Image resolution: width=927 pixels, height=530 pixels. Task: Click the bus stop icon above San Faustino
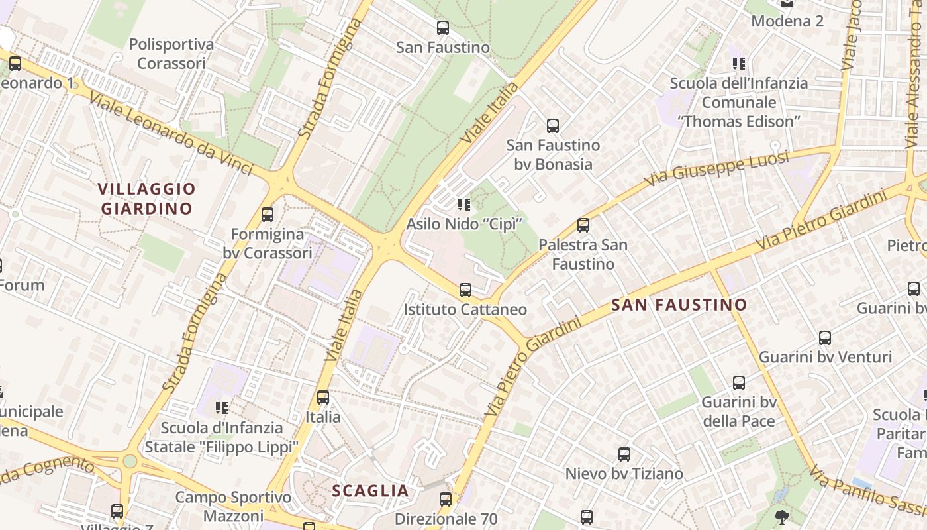pos(443,28)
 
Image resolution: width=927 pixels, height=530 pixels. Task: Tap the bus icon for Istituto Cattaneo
pos(465,290)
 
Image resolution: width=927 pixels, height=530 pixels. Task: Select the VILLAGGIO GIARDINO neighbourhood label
pos(147,199)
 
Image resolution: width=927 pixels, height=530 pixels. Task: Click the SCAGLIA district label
pos(370,491)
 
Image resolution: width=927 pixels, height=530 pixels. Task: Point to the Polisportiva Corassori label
pos(171,54)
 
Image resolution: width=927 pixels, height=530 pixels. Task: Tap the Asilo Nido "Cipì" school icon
pos(463,204)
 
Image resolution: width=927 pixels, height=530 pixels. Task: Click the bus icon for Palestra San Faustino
pos(583,225)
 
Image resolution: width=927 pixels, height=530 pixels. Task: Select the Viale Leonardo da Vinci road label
pos(170,133)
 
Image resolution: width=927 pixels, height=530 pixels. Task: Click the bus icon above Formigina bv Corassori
pos(268,215)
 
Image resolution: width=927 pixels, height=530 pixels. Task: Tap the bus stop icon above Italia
pos(323,397)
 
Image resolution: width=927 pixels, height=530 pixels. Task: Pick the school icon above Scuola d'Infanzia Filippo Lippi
pos(221,407)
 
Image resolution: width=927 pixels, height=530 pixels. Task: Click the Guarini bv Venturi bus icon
pos(825,338)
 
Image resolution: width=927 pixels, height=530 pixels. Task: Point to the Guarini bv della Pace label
pos(738,411)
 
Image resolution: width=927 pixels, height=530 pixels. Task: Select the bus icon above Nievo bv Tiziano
pos(624,454)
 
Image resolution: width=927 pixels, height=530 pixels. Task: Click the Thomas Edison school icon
pos(739,64)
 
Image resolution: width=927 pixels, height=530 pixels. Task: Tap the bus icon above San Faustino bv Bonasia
pos(553,125)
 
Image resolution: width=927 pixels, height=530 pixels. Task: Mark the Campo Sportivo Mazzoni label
pos(233,506)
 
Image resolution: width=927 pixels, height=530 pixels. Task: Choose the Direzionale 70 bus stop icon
pos(446,500)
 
